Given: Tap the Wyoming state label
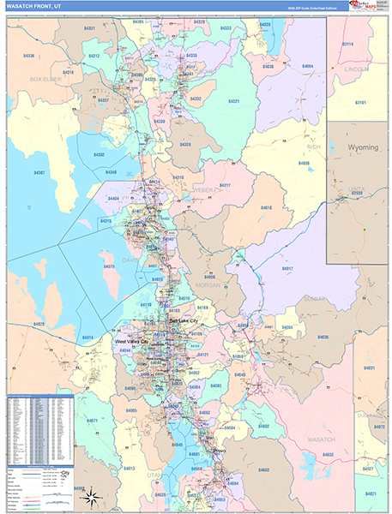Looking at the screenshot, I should [362, 147].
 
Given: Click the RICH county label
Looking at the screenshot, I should [312, 146].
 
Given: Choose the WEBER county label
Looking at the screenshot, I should [203, 188].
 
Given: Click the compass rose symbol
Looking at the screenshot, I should [91, 494].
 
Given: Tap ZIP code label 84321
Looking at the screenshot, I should [233, 101].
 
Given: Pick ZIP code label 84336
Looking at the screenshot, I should [29, 56].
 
